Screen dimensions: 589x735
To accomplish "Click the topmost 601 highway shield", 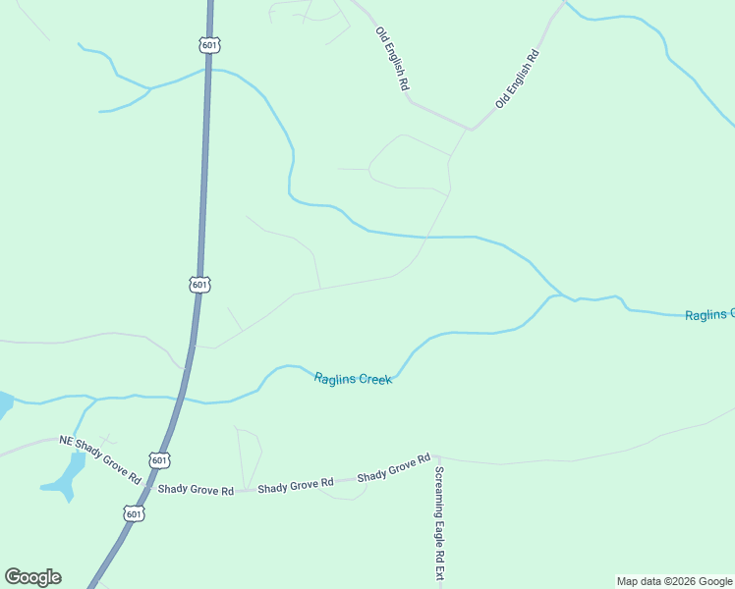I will [208, 45].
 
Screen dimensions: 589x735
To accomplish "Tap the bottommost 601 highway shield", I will [135, 513].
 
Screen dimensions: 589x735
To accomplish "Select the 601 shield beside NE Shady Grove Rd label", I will [159, 459].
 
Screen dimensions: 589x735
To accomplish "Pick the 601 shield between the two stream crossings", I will [199, 284].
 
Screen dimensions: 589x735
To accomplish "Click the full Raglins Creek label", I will [353, 378].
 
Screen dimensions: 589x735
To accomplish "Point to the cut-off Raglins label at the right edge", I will [709, 314].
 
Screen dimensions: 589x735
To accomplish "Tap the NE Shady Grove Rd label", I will [100, 459].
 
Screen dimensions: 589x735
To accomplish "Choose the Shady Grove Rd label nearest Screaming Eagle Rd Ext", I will [394, 467].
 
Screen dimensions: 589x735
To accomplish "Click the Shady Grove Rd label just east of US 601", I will [196, 489].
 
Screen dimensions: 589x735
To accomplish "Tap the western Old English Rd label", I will [391, 59].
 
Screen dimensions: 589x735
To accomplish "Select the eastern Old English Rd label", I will [518, 78].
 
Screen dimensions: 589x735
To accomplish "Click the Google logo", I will [32, 577].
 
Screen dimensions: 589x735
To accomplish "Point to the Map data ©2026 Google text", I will [674, 581].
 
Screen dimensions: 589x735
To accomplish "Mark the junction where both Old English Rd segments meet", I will [471, 129].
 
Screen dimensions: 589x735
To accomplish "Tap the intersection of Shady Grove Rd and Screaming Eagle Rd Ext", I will [437, 455].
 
